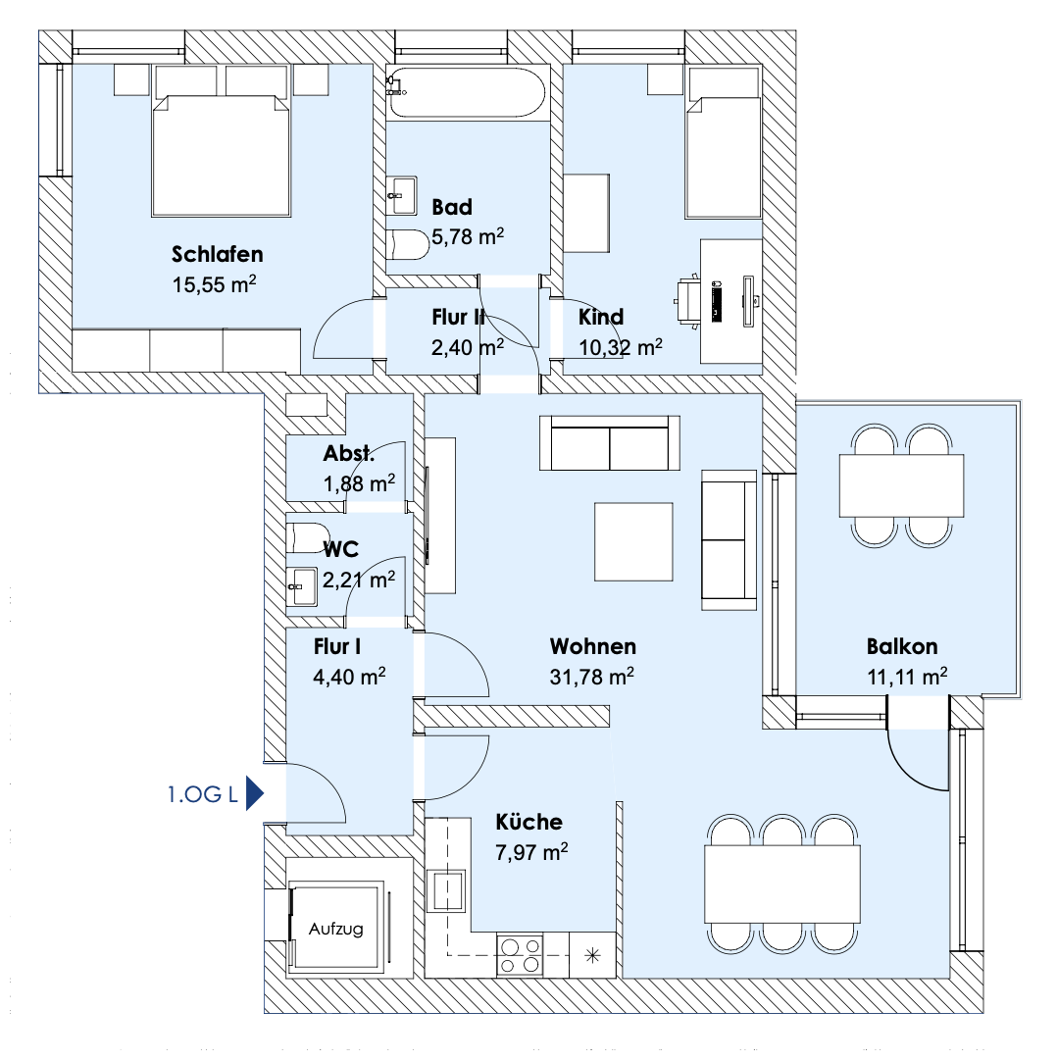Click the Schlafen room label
[217, 254]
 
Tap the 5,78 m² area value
[468, 236]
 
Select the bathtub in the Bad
[468, 93]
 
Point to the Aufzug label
[335, 929]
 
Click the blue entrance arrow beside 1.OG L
[254, 793]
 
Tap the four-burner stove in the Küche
[520, 955]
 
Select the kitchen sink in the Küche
[447, 890]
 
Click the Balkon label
[902, 646]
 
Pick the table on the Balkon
[901, 485]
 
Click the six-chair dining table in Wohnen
[782, 884]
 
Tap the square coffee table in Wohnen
[633, 541]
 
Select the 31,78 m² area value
[591, 676]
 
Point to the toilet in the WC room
[308, 537]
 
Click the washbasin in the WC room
[302, 586]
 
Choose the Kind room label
[601, 317]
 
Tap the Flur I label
[337, 646]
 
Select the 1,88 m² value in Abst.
[359, 483]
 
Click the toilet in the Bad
[408, 245]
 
